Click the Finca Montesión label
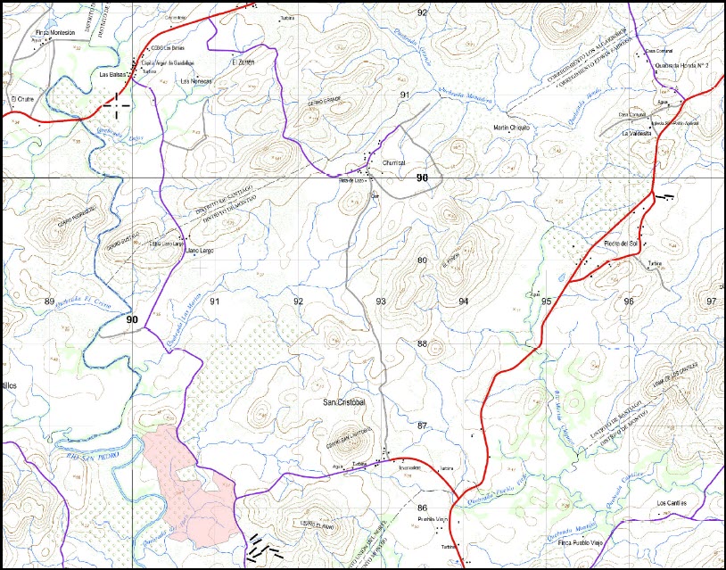click(x=54, y=32)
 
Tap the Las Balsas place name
click(x=111, y=75)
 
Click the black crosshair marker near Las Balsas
click(x=116, y=104)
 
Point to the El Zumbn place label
click(x=243, y=62)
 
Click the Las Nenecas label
click(x=196, y=81)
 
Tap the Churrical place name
click(x=393, y=163)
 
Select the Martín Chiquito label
click(x=511, y=128)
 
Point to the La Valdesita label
click(x=637, y=133)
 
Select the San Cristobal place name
click(x=344, y=402)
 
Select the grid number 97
click(x=711, y=302)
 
